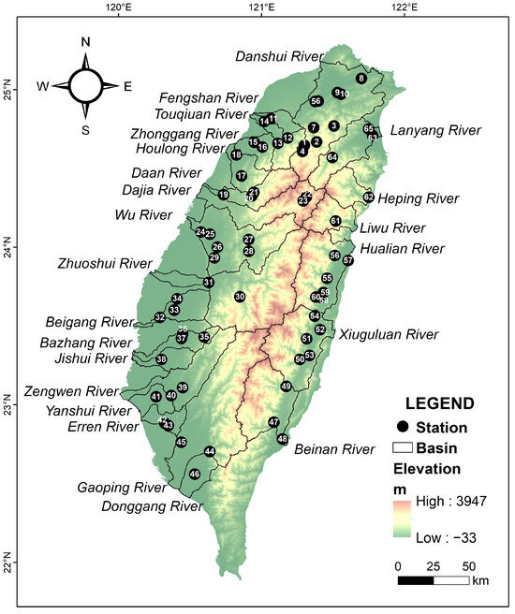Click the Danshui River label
coord(278,56)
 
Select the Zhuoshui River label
coord(102,264)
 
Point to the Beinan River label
coord(334,449)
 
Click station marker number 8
coord(361,79)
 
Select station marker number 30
coord(240,297)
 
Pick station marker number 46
coord(195,475)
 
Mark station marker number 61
coord(335,221)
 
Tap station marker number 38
coord(161,359)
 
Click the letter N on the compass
coord(85,42)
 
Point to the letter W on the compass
coord(43,86)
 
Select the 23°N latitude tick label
coord(10,408)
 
